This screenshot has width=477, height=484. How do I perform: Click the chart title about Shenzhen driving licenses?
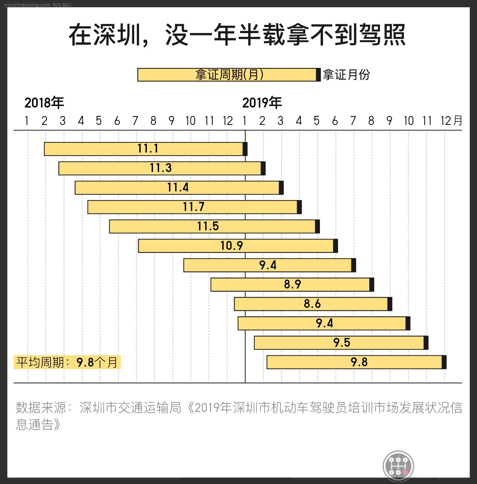coord(237,35)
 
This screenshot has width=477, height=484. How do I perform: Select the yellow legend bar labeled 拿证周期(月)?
coord(227,75)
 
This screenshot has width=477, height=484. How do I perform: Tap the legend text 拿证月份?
coord(346,75)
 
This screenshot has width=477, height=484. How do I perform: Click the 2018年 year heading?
coord(44,103)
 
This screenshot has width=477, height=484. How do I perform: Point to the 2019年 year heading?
coord(262,103)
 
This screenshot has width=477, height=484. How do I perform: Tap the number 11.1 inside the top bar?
coord(148,148)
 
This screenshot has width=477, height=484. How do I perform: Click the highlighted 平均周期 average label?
coord(67,362)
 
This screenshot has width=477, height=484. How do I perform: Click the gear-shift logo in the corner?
coord(398,465)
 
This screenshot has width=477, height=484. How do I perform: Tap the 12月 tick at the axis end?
coord(451,120)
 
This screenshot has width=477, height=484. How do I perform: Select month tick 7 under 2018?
coord(135,120)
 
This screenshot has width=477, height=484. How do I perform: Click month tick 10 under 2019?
coord(408,120)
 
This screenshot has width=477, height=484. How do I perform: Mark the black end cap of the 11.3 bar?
coord(263,168)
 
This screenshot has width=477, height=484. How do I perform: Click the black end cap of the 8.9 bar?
coord(372,285)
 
